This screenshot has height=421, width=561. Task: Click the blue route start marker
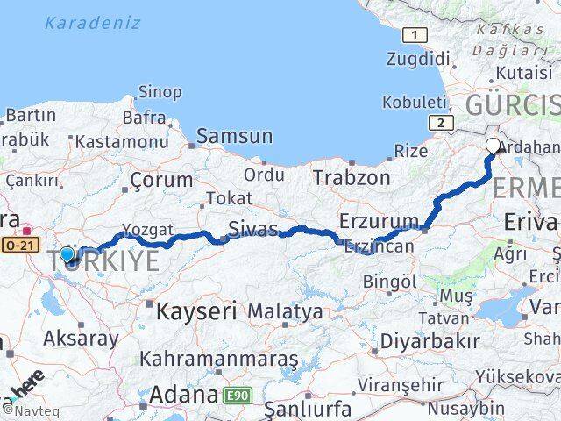(67, 255)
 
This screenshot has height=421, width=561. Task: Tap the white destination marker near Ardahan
(493, 146)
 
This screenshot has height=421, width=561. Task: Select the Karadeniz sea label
(93, 23)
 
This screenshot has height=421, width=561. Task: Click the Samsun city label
(234, 136)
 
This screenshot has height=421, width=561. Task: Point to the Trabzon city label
(352, 177)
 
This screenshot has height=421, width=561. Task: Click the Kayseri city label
(197, 310)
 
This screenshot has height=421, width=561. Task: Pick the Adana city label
(183, 395)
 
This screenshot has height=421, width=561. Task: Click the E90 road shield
(238, 396)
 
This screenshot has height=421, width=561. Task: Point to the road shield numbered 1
(414, 35)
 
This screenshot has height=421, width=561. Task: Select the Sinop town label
(160, 92)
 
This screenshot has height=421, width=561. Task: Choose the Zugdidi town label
(418, 60)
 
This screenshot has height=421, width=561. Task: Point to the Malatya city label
(285, 311)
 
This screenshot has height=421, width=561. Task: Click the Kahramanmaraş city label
(218, 360)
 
